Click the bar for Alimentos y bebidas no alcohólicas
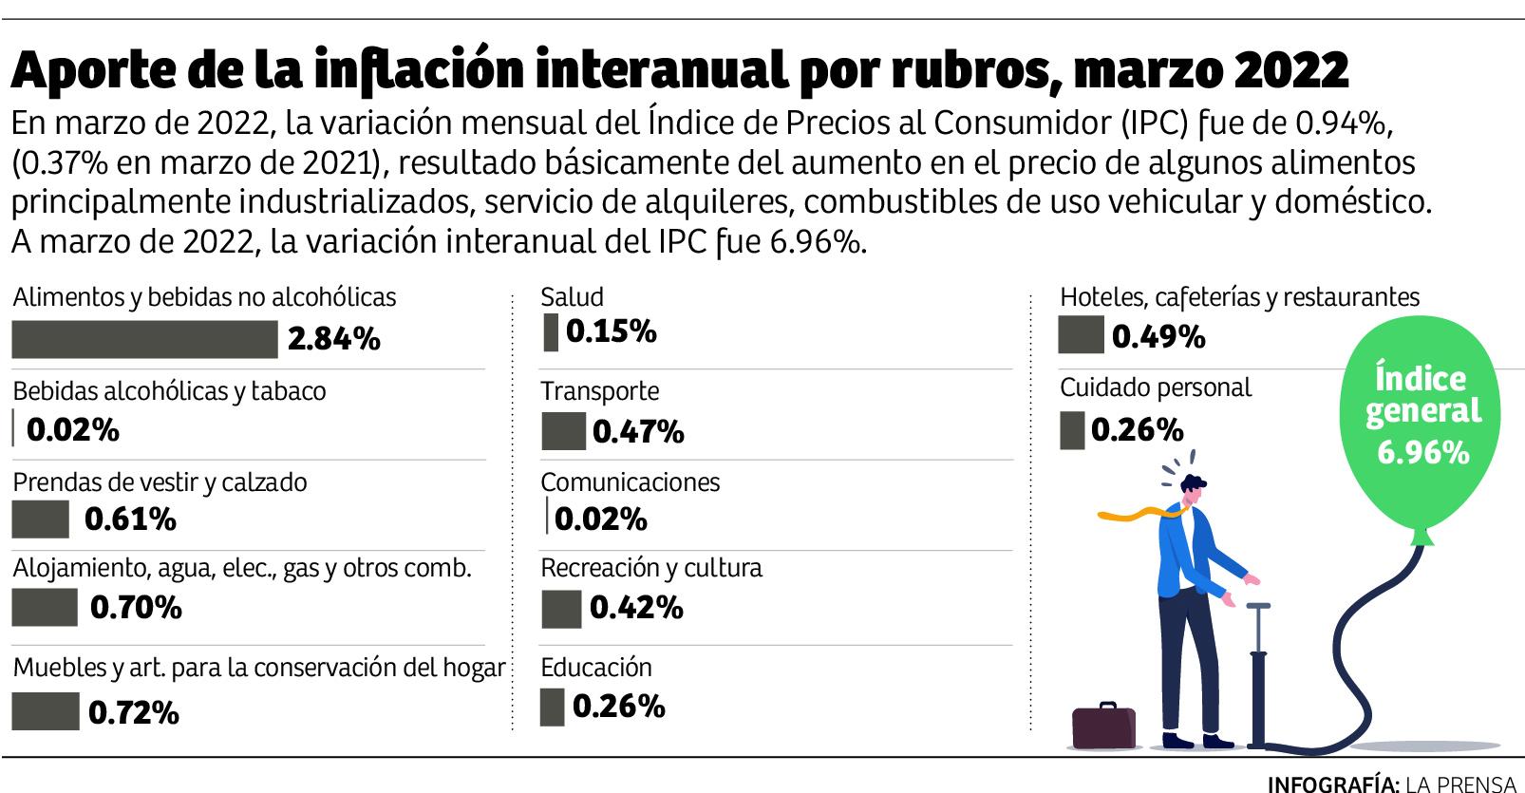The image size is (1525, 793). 144,339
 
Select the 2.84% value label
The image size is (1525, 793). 333,338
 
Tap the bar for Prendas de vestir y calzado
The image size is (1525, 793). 40,519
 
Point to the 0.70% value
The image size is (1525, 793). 136,607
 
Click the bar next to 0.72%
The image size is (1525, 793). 45,711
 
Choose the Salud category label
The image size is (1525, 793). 572,297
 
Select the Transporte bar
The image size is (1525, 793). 563,431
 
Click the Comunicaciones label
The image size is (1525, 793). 630,481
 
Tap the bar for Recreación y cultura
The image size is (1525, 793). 560,609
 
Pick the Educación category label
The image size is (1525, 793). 595,667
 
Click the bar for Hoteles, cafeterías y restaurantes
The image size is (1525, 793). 1081,335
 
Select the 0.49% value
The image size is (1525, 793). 1158,336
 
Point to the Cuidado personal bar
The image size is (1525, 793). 1071,429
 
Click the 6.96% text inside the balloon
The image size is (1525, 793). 1422,452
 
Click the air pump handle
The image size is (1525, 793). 1259,605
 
